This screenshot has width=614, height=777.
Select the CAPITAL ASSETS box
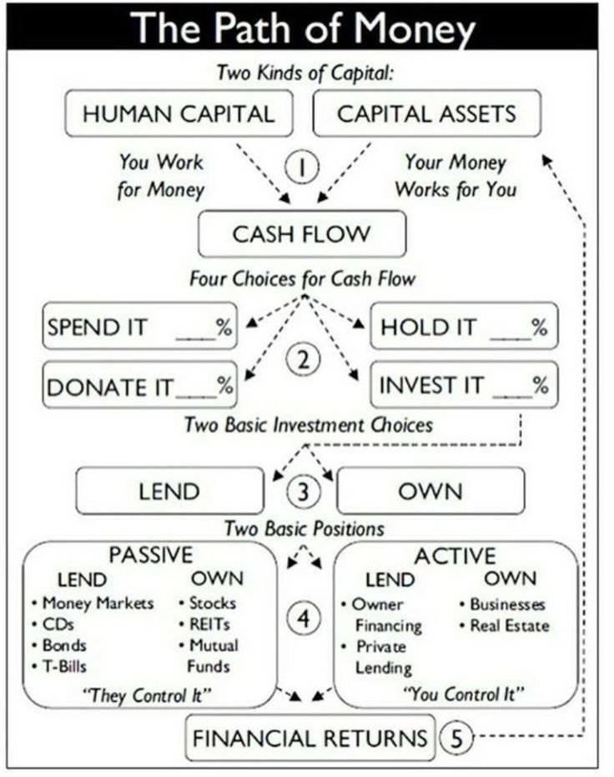(x=426, y=113)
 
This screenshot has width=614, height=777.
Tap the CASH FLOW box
(x=301, y=233)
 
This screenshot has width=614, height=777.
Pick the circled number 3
(x=303, y=491)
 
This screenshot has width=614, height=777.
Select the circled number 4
(x=304, y=619)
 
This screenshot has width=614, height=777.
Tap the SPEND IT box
(x=139, y=327)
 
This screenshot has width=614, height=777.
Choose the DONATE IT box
(x=139, y=386)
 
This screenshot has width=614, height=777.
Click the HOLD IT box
(x=463, y=327)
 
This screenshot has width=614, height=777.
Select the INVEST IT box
(x=463, y=385)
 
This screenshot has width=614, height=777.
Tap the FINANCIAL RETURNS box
(x=310, y=738)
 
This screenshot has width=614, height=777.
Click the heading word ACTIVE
(x=455, y=555)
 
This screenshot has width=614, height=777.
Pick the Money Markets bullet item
(x=97, y=603)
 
